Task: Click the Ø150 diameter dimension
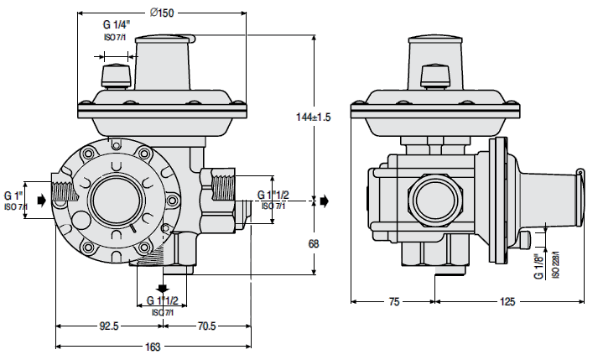(x=162, y=13)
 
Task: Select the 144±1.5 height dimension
(x=314, y=117)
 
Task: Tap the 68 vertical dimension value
(x=314, y=243)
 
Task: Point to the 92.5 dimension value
(x=109, y=326)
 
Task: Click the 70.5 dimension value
(x=206, y=326)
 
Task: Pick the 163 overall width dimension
(x=153, y=347)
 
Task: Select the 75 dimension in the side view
(x=394, y=302)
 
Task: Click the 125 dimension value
(x=507, y=302)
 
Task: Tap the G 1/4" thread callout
(x=117, y=25)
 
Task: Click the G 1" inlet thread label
(x=13, y=196)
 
